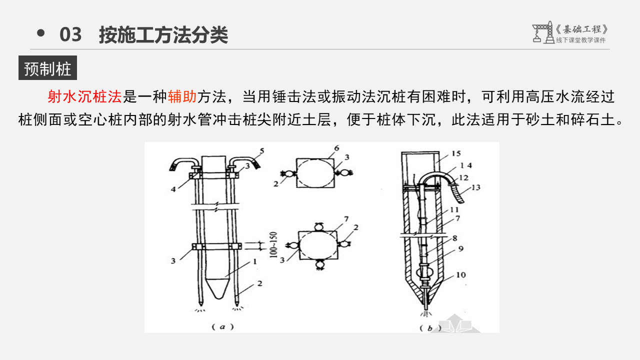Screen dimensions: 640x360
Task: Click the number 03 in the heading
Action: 70,35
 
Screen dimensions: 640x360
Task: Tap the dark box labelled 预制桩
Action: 47,68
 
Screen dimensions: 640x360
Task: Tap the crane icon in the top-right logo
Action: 541,32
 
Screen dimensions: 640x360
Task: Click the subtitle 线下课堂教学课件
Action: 580,40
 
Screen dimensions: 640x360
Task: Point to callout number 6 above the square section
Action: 336,148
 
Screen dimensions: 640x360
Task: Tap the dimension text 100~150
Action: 273,243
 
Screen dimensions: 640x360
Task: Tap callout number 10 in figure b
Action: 460,274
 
